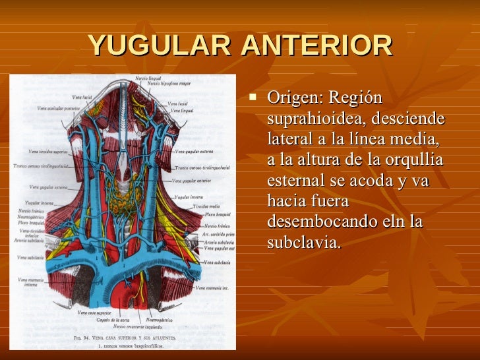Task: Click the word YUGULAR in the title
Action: coord(159,45)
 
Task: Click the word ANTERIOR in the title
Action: coord(316,45)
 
